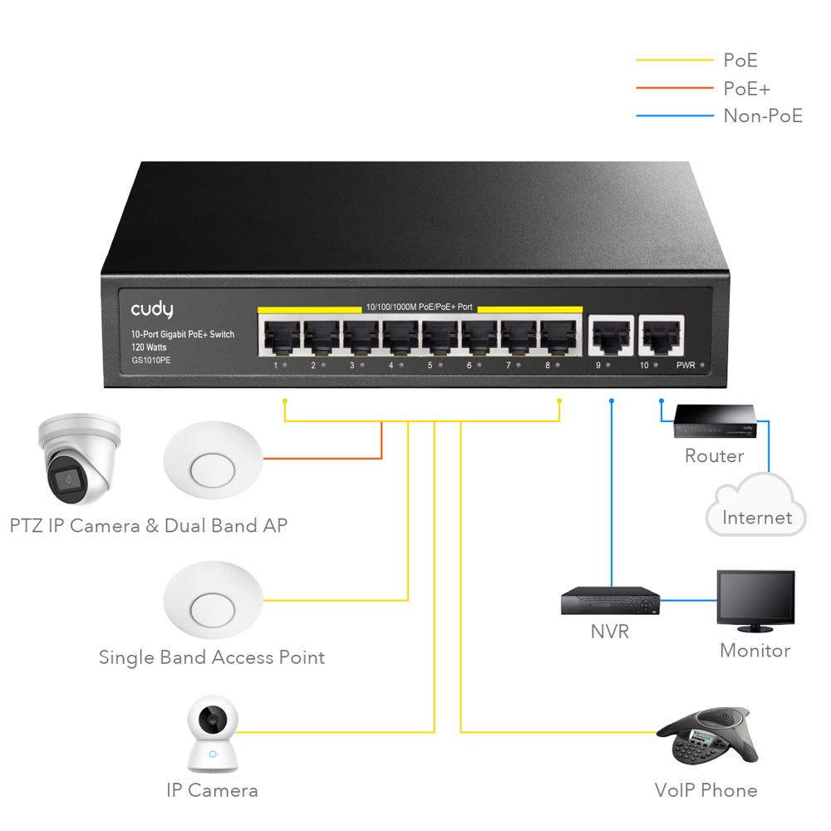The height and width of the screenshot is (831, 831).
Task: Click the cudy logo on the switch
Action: pos(151,309)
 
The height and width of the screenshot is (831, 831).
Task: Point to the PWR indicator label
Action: pos(686,366)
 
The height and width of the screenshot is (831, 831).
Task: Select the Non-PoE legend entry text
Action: pos(763,116)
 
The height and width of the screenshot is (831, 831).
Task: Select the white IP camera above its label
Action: pos(213,734)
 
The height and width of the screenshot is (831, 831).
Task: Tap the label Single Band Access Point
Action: pos(212,657)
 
